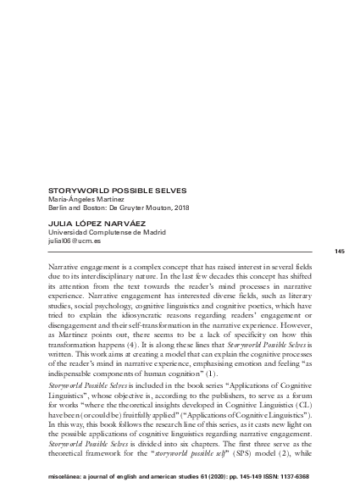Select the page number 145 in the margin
340,252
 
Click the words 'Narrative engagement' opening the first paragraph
74,267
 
